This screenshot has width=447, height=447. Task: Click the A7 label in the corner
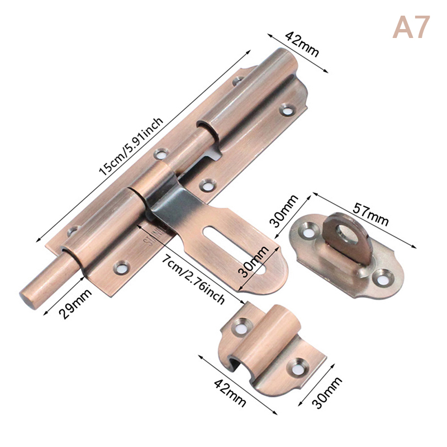(x=411, y=27)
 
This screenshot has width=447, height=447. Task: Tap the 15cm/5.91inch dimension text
(x=131, y=146)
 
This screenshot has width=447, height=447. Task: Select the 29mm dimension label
(x=75, y=304)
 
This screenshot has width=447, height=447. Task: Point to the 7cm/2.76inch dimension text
(x=194, y=279)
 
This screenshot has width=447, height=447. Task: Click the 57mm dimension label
(x=370, y=214)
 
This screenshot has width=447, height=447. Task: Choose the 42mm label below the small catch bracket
(x=230, y=393)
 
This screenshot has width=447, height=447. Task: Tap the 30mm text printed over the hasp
(x=254, y=261)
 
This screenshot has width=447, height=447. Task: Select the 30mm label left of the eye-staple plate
(x=285, y=211)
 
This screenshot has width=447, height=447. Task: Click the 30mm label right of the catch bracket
(x=327, y=393)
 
